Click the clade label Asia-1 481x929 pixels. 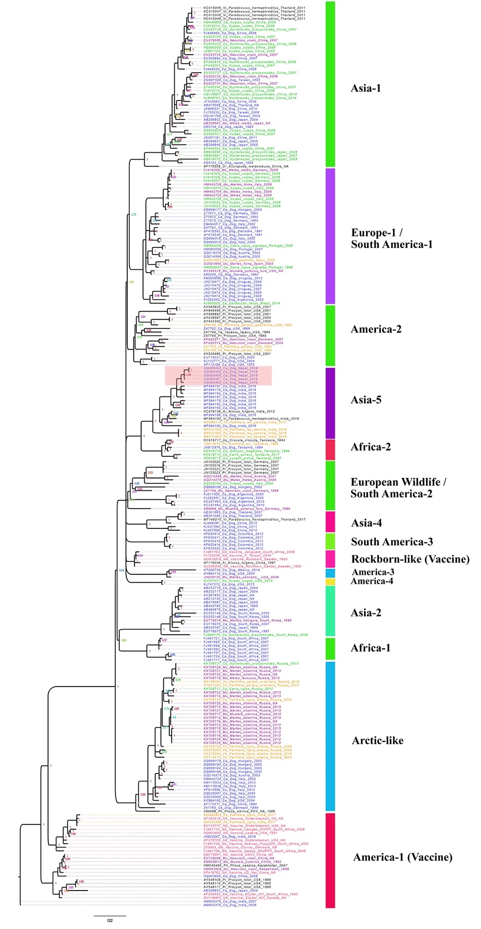click(365, 88)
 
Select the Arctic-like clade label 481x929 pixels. click(377, 740)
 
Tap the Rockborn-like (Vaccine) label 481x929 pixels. click(410, 559)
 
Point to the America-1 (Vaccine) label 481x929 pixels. click(402, 857)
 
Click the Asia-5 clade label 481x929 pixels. click(365, 400)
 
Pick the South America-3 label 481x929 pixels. click(392, 542)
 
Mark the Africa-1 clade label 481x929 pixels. click(370, 648)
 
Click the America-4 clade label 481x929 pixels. click(372, 581)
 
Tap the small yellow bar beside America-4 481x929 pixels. click(330, 581)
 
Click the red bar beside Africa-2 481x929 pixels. click(330, 449)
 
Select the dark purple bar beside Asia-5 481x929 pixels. click(330, 403)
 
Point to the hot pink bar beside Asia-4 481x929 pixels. click(330, 522)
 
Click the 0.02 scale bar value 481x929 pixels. click(110, 920)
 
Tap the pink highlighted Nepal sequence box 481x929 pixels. click(218, 375)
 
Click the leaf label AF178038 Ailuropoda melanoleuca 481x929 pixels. click(246, 166)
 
